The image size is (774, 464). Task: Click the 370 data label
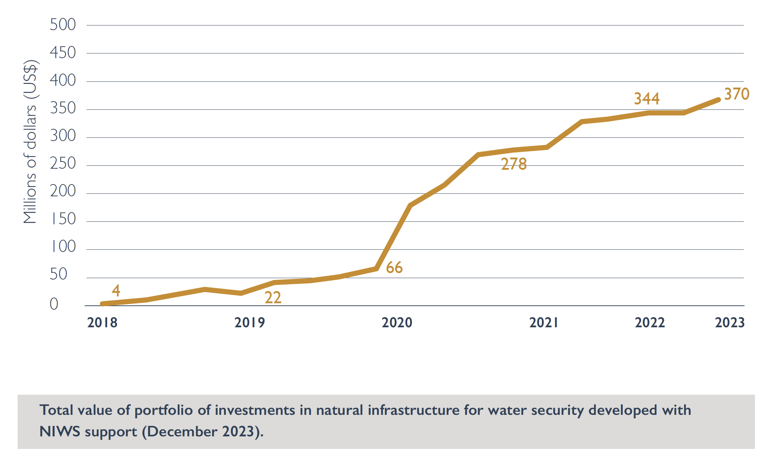[x=736, y=94]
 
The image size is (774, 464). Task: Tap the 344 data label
[x=646, y=99]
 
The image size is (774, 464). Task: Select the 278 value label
[x=514, y=164]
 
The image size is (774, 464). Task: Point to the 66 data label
[x=394, y=268]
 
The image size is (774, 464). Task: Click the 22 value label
[x=273, y=297]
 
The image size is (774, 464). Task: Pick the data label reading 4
[x=116, y=290]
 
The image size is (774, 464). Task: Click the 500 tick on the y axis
[x=63, y=25]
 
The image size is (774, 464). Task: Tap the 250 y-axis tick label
[x=63, y=164]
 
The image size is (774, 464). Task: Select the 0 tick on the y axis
[x=54, y=304]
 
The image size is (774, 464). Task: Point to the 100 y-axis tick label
[x=63, y=247]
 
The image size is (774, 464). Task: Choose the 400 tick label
[x=63, y=80]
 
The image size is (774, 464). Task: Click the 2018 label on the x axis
[x=102, y=323]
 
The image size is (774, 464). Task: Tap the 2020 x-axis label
[x=397, y=323]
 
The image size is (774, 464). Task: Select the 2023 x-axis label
[x=729, y=323]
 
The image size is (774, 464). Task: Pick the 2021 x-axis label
[x=543, y=323]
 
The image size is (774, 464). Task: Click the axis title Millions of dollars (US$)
[x=30, y=142]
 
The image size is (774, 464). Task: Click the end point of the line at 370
[x=718, y=100]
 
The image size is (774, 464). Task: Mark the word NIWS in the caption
[x=59, y=431]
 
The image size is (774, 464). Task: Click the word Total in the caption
[x=56, y=410]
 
